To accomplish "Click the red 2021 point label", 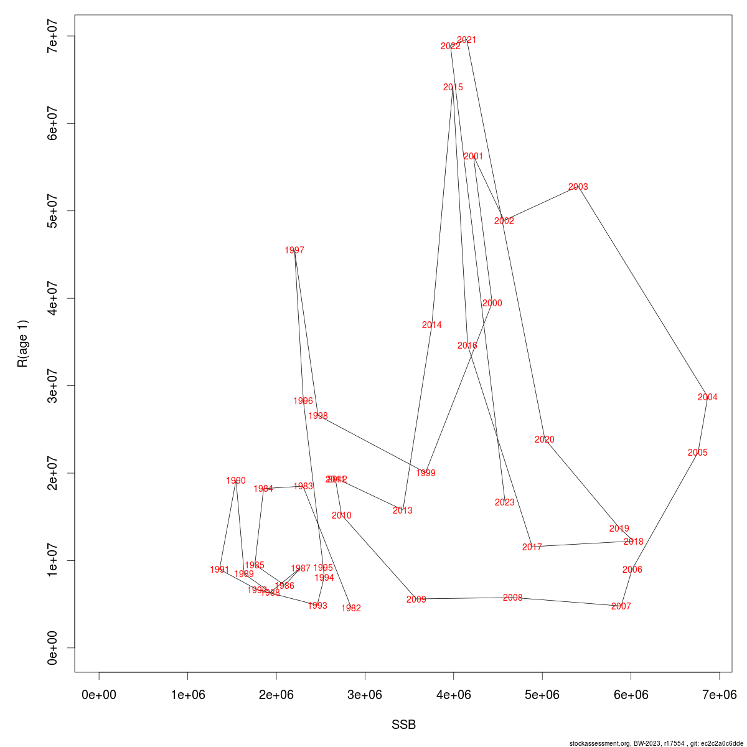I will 466,40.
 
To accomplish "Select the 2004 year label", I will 707,397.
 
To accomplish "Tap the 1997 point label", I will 294,250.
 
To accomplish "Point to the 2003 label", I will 578,187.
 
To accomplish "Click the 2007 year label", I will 621,606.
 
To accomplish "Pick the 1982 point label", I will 351,608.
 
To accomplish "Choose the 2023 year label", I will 505,502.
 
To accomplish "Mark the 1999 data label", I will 426,473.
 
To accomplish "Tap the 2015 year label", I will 453,87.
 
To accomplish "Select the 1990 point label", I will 236,481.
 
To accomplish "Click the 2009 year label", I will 416,599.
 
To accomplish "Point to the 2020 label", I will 544,439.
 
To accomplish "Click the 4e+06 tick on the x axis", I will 453,695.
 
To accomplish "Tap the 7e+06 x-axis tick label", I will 719,695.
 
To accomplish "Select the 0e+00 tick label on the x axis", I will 99,695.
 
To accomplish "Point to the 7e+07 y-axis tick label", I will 54,36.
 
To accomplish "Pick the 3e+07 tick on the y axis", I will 54,385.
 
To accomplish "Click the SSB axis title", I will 403,725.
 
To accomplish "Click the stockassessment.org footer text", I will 656,743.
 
